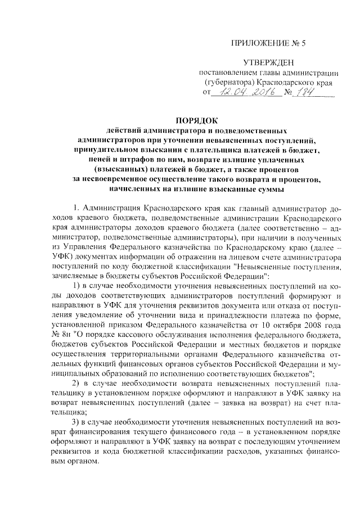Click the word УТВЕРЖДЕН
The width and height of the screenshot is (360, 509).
[x=268, y=62]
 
